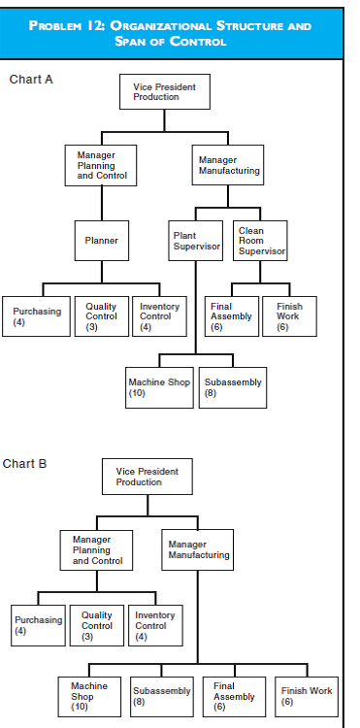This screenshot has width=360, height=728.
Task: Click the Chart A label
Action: click(31, 79)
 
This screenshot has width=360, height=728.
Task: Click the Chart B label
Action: click(24, 463)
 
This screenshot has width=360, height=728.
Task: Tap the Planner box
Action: click(102, 240)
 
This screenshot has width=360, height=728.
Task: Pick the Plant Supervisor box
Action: click(197, 242)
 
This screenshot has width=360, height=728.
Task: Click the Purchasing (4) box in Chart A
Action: click(36, 316)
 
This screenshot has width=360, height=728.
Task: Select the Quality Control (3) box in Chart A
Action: click(102, 316)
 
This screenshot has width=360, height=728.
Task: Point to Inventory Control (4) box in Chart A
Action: click(159, 316)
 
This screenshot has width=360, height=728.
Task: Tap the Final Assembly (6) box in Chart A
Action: click(232, 316)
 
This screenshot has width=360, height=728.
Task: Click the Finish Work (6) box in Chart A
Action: click(289, 316)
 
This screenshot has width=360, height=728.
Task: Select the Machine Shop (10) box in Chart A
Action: click(160, 387)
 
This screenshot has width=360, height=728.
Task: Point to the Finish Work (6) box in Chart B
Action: click(306, 696)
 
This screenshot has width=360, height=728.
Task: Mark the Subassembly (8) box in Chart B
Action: click(162, 696)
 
